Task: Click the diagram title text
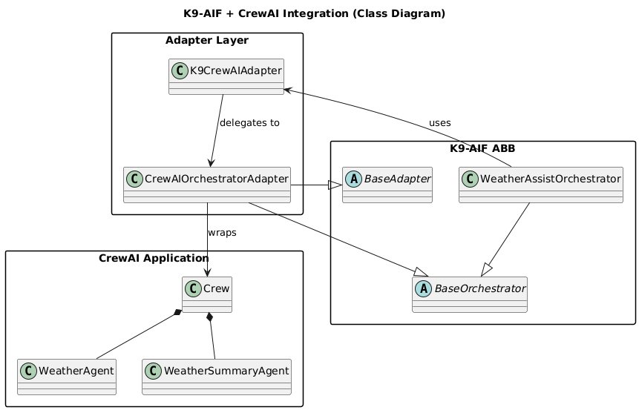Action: click(x=314, y=13)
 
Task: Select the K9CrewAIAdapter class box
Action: click(x=226, y=76)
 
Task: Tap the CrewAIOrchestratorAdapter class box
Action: click(x=206, y=185)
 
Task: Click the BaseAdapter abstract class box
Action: click(x=387, y=185)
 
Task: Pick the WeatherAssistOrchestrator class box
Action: click(x=540, y=185)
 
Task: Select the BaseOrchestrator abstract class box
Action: click(x=469, y=294)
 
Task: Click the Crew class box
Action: click(x=206, y=294)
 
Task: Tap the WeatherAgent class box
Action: click(x=66, y=377)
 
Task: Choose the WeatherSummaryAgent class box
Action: click(x=216, y=377)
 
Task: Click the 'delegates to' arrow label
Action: click(x=249, y=122)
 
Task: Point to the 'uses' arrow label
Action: click(x=439, y=122)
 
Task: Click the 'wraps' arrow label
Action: click(x=222, y=233)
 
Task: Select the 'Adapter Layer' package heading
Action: click(x=207, y=40)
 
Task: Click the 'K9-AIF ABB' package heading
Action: click(x=482, y=148)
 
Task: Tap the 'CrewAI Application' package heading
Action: click(x=154, y=258)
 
